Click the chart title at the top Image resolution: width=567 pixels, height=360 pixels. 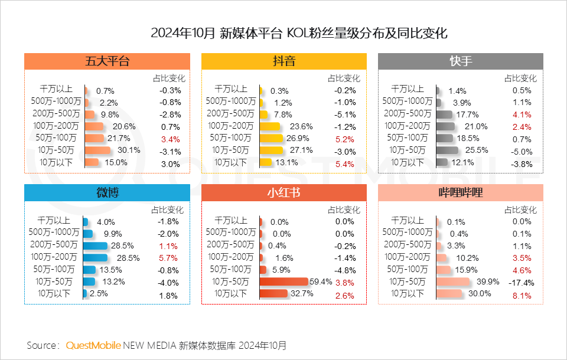tap(283, 33)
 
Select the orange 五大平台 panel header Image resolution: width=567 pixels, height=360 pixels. tap(107, 61)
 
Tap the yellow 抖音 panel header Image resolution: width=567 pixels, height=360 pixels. tap(284, 61)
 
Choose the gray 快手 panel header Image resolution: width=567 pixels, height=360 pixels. tap(460, 61)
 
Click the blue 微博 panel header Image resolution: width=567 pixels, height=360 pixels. tap(107, 192)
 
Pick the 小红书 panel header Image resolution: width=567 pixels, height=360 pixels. tap(284, 192)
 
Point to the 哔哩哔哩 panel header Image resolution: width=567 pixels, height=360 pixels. tap(460, 192)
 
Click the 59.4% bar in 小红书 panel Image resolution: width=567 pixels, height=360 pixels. tap(284, 282)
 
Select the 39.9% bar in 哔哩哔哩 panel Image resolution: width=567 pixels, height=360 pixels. tap(452, 282)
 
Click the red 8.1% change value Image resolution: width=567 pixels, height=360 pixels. tap(523, 295)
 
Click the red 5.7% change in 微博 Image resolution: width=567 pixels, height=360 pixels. tap(168, 258)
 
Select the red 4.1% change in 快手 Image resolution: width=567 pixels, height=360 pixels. tap(523, 114)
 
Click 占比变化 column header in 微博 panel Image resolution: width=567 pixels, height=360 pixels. tap(168, 210)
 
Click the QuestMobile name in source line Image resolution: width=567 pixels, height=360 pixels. tap(93, 345)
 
